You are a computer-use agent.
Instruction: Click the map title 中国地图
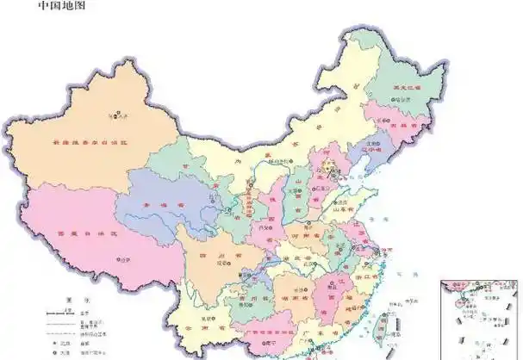(x=62, y=6)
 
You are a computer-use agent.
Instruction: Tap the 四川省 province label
(x=206, y=256)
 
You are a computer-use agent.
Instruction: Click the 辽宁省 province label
(x=370, y=147)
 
